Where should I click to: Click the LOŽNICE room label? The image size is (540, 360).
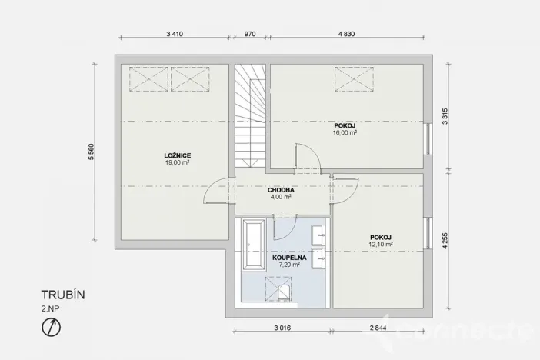pyautogui.click(x=177, y=155)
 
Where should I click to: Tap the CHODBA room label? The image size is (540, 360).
pyautogui.click(x=278, y=189)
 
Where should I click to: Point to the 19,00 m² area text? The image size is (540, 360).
pyautogui.click(x=177, y=163)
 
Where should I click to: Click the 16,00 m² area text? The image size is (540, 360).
pyautogui.click(x=345, y=132)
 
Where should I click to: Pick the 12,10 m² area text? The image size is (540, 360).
pyautogui.click(x=381, y=245)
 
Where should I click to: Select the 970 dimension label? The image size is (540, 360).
pyautogui.click(x=249, y=35)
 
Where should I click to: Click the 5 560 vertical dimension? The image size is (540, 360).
pyautogui.click(x=92, y=152)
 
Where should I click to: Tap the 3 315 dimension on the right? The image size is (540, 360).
pyautogui.click(x=445, y=116)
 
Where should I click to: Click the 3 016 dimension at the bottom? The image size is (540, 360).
pyautogui.click(x=282, y=328)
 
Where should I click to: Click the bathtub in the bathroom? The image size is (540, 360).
pyautogui.click(x=253, y=245)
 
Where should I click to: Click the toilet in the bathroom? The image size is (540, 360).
pyautogui.click(x=285, y=292)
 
